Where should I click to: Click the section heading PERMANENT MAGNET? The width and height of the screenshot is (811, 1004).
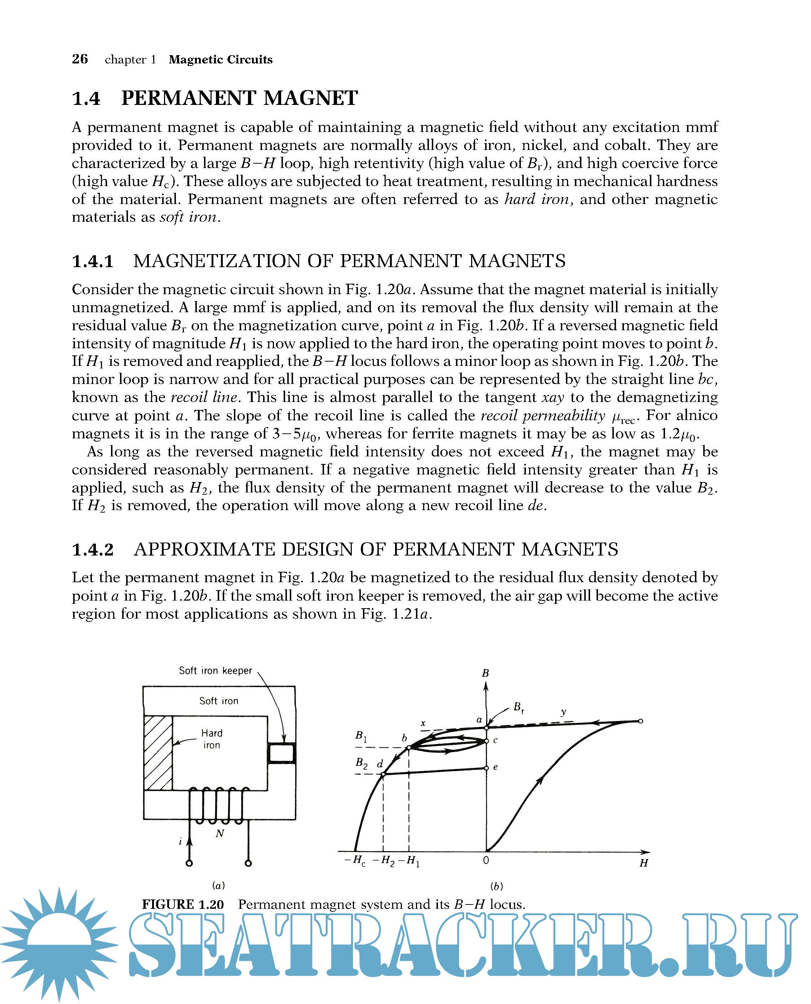pyautogui.click(x=239, y=98)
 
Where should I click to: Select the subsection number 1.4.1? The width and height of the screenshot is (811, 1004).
pyautogui.click(x=93, y=261)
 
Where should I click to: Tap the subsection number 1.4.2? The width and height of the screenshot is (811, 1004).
pyautogui.click(x=93, y=549)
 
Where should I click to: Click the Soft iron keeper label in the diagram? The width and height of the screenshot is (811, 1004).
pyautogui.click(x=215, y=671)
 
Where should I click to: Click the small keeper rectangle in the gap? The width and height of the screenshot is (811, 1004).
pyautogui.click(x=281, y=753)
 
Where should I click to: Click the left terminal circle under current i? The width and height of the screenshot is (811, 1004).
pyautogui.click(x=189, y=863)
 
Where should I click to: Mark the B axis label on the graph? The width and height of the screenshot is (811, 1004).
pyautogui.click(x=486, y=673)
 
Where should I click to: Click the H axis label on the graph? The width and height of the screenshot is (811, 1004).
pyautogui.click(x=643, y=863)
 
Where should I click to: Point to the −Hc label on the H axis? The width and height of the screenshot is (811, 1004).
pyautogui.click(x=355, y=860)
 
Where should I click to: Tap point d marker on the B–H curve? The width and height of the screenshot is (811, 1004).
pyautogui.click(x=383, y=775)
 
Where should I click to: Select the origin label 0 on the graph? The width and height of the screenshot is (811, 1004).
pyautogui.click(x=486, y=860)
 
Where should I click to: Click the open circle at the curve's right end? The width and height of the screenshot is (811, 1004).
pyautogui.click(x=641, y=721)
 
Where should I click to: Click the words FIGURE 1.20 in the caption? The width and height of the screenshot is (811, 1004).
pyautogui.click(x=183, y=905)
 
